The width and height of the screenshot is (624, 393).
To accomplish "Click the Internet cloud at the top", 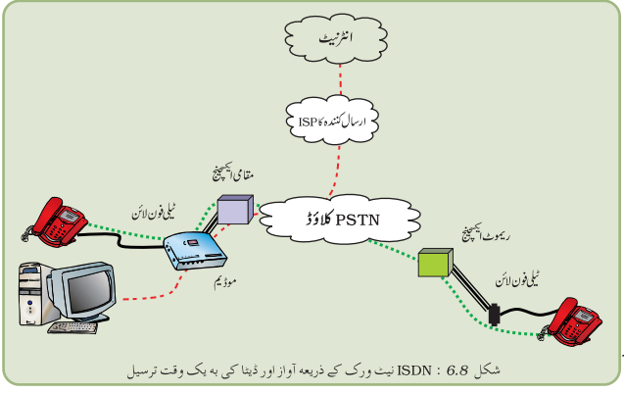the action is point(336,38).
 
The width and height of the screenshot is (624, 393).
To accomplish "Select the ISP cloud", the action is point(332,120).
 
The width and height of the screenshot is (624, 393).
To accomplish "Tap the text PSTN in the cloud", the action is point(358,221).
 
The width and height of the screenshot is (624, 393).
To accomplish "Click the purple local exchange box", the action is point(235,209).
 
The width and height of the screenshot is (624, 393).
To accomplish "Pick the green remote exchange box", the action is point(435,263).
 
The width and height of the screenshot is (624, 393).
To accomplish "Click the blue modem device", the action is point(195,251).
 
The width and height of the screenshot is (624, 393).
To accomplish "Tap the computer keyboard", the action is point(72,327).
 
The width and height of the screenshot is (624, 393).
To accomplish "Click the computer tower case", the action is point(33,294).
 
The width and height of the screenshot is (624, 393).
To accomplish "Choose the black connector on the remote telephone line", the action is point(494,315).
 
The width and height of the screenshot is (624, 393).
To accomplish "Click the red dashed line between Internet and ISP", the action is point(340,79).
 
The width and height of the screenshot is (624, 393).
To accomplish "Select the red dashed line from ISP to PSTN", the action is point(336,172).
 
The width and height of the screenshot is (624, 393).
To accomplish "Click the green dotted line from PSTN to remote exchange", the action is point(393,250).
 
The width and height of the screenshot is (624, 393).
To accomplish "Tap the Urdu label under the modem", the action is point(225,282).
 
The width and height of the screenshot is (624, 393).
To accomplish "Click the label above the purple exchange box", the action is point(233,173).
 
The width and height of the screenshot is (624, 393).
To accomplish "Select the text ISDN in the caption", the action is point(414,370).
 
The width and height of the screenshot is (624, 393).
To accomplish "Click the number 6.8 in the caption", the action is point(456,370).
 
